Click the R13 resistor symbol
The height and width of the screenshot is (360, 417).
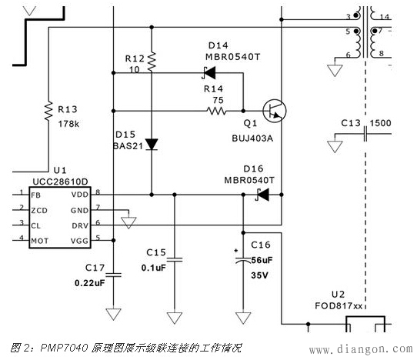pyautogui.click(x=48, y=112)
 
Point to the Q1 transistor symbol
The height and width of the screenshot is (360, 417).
pyautogui.click(x=272, y=110)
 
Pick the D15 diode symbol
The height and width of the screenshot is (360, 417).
pyautogui.click(x=152, y=144)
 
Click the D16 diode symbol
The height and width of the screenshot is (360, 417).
pyautogui.click(x=262, y=195)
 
